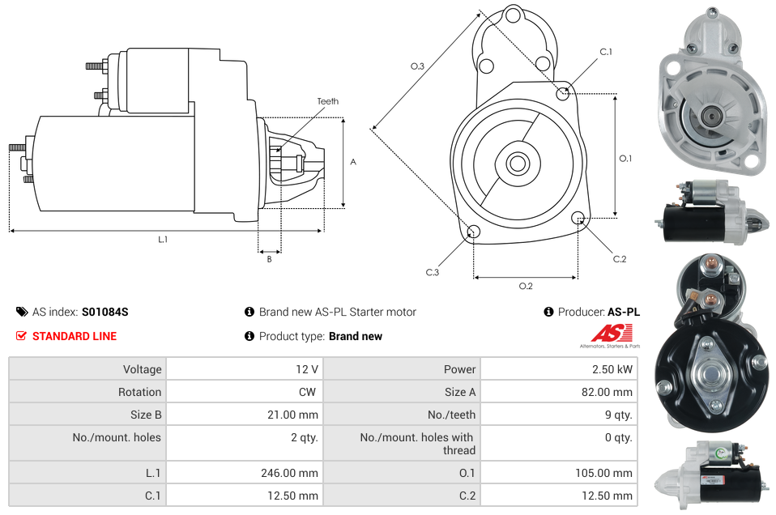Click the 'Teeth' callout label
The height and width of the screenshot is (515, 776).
pyautogui.click(x=327, y=101)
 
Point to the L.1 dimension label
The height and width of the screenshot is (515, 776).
pyautogui.click(x=163, y=239)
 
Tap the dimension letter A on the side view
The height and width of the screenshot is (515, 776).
pyautogui.click(x=352, y=162)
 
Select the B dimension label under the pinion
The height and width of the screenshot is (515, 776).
pyautogui.click(x=269, y=259)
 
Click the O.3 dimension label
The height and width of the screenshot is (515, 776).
pyautogui.click(x=418, y=66)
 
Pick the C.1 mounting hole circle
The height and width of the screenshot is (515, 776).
pyautogui.click(x=563, y=93)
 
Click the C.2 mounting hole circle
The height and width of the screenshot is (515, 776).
pyautogui.click(x=578, y=218)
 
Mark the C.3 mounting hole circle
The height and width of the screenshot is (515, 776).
pyautogui.click(x=474, y=233)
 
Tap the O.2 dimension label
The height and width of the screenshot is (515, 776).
pyautogui.click(x=526, y=286)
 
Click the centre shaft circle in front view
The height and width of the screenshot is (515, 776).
pyautogui.click(x=517, y=164)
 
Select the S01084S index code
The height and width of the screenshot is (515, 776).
pyautogui.click(x=105, y=312)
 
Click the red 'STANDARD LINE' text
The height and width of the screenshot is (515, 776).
pyautogui.click(x=75, y=336)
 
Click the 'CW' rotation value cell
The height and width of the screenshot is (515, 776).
pyautogui.click(x=244, y=392)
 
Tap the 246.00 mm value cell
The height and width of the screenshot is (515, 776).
pyautogui.click(x=244, y=473)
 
